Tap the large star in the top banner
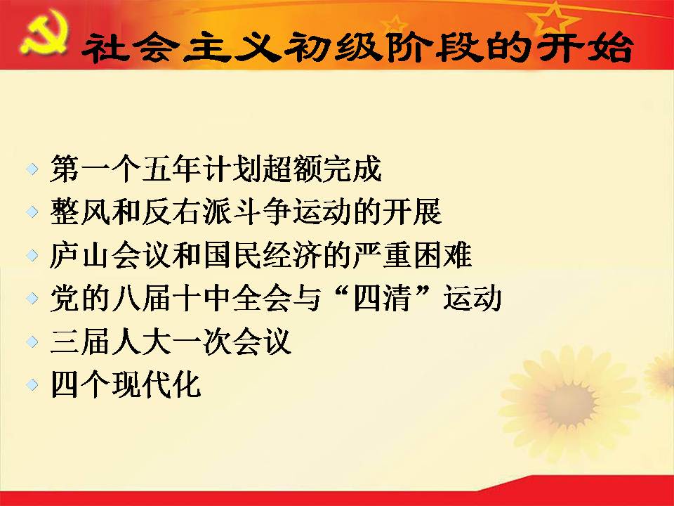[x=554, y=19]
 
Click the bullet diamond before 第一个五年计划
[x=32, y=169]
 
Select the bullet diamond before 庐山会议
[x=32, y=255]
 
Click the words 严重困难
[x=412, y=254]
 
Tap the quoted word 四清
[x=382, y=298]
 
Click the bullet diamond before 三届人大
[x=32, y=342]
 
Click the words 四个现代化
[x=126, y=384]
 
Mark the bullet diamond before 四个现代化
[x=32, y=384]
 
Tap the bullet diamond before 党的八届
[x=32, y=298]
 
